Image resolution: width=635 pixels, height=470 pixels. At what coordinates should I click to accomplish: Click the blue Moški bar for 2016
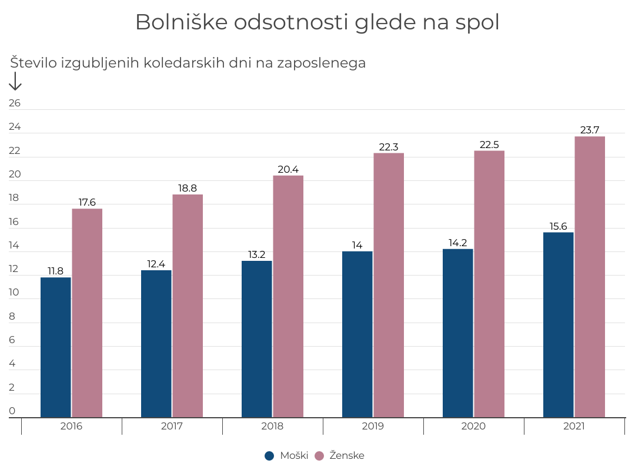tap(56, 347)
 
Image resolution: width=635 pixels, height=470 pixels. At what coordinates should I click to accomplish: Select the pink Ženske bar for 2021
tap(590, 277)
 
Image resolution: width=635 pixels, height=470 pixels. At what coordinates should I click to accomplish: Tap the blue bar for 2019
tap(357, 334)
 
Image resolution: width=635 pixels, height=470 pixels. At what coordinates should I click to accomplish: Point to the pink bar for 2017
tap(188, 305)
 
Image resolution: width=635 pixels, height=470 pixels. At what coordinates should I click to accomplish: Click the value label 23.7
tap(590, 130)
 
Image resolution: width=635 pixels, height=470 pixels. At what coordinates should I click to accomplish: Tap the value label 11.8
tap(55, 271)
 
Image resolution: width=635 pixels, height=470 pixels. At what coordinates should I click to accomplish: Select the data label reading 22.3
tap(389, 147)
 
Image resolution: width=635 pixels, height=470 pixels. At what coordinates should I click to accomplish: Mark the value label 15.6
tap(559, 226)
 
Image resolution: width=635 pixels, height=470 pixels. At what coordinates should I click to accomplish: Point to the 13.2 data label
tap(257, 255)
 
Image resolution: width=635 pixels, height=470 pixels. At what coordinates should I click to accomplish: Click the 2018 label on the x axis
tap(272, 427)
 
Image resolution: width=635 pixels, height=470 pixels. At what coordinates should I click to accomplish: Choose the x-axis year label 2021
tap(574, 427)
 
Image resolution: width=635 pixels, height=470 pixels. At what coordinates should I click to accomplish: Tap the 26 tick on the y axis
tap(15, 103)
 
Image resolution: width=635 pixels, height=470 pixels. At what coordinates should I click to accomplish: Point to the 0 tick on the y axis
tap(12, 411)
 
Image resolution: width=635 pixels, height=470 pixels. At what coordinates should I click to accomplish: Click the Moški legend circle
tap(270, 455)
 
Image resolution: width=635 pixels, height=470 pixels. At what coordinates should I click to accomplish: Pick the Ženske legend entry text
tap(347, 455)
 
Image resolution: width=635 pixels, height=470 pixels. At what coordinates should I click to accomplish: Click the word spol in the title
tap(477, 22)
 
